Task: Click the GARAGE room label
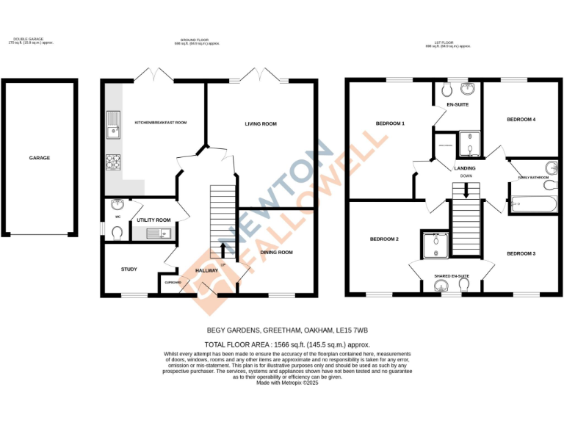(40, 158)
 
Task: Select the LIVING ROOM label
(261, 124)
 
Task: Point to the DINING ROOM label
(278, 252)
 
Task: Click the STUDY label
(129, 270)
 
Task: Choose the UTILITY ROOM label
(153, 220)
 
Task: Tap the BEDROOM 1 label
(390, 123)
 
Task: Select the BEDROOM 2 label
(384, 239)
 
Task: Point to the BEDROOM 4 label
(521, 119)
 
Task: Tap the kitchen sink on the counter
(112, 125)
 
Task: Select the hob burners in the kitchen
(114, 162)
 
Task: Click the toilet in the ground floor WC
(117, 231)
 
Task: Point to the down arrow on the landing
(466, 192)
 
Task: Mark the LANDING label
(465, 169)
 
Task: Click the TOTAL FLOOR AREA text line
(286, 344)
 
